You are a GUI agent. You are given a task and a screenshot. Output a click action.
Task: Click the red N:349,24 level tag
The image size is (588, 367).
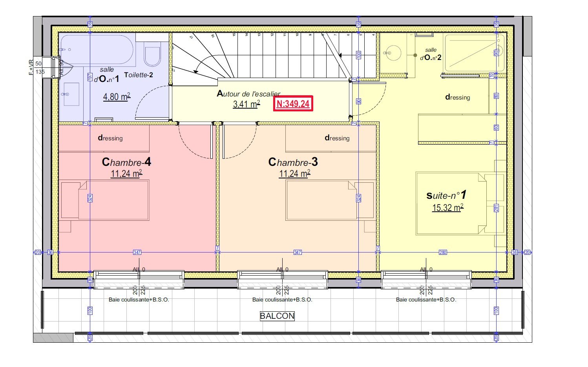click(x=293, y=104)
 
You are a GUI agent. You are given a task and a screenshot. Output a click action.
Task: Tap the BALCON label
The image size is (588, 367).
click(x=277, y=316)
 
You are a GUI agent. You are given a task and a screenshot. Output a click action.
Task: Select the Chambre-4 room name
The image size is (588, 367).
click(x=126, y=162)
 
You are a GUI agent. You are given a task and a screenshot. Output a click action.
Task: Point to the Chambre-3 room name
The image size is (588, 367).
click(x=293, y=162)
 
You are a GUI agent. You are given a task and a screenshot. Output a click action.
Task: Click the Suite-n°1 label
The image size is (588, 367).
click(x=447, y=195)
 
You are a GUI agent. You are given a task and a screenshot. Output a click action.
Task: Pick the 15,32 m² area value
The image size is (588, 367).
click(x=447, y=207)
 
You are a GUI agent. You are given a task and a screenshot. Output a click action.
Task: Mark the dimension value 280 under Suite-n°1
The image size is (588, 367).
click(x=442, y=253)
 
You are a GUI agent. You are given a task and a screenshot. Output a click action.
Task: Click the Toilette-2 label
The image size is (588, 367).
click(x=139, y=74)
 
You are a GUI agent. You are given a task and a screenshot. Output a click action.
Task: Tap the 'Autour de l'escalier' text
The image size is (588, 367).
click(x=248, y=94)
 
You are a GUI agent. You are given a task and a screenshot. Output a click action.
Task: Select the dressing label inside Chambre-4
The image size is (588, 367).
click(x=110, y=138)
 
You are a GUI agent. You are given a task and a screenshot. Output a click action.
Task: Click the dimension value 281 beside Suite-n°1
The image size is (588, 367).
click(x=496, y=208)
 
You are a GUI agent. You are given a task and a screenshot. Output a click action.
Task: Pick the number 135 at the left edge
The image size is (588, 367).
click(x=40, y=72)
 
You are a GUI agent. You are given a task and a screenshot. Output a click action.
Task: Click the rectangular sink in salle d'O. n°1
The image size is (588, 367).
click(x=71, y=94)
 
